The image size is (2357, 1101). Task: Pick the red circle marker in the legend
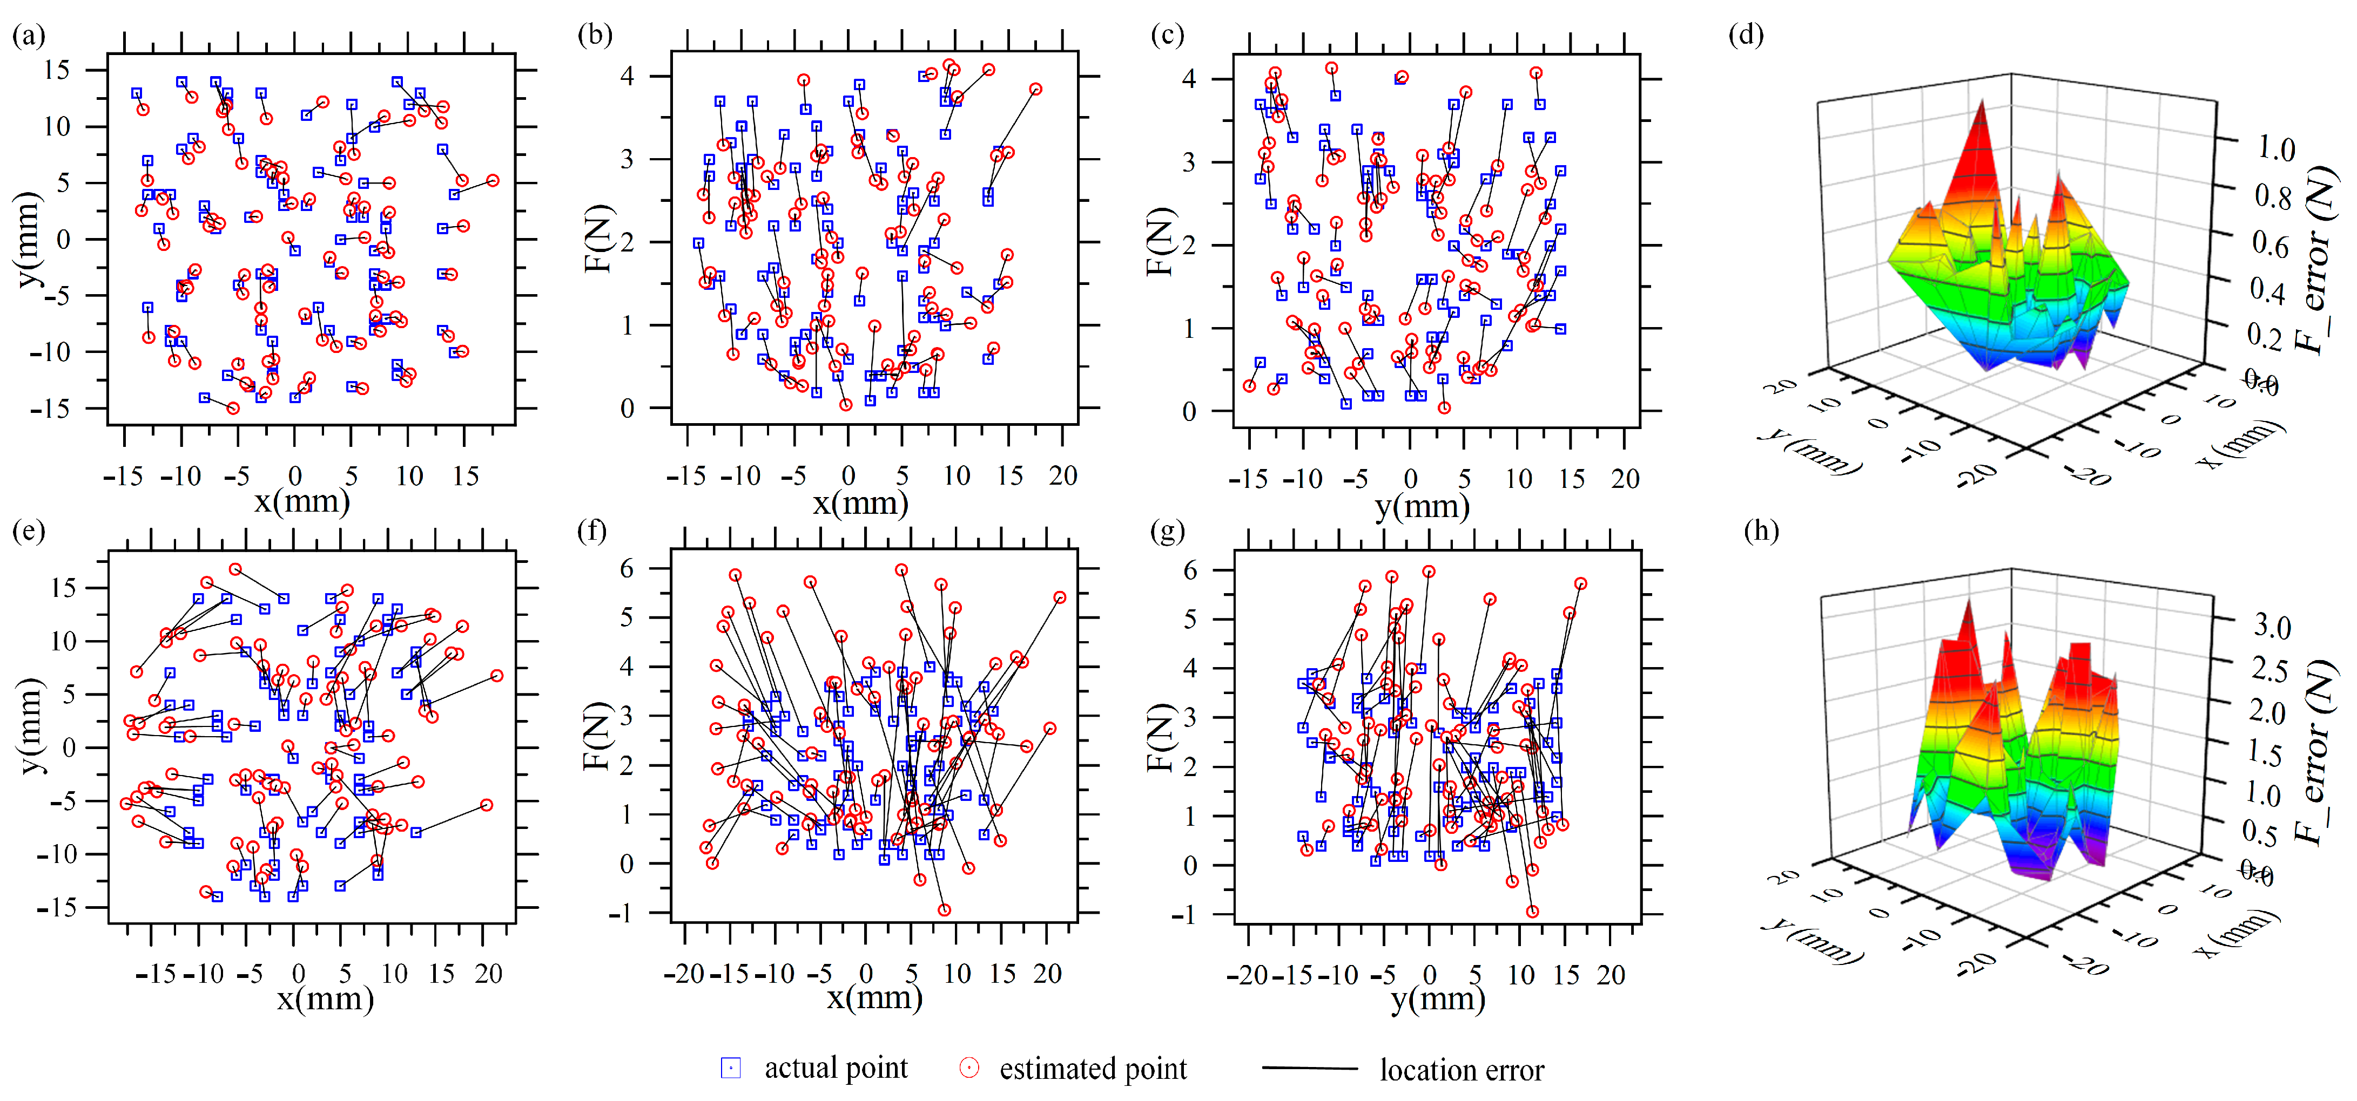pyautogui.click(x=969, y=1068)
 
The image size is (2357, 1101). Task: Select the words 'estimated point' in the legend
pyautogui.click(x=1093, y=1069)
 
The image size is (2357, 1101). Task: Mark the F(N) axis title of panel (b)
pyautogui.click(x=597, y=240)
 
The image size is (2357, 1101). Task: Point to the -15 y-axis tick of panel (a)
pyautogui.click(x=51, y=409)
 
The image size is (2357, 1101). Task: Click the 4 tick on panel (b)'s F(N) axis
pyautogui.click(x=628, y=76)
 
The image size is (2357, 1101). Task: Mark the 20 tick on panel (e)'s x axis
pyautogui.click(x=489, y=974)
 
